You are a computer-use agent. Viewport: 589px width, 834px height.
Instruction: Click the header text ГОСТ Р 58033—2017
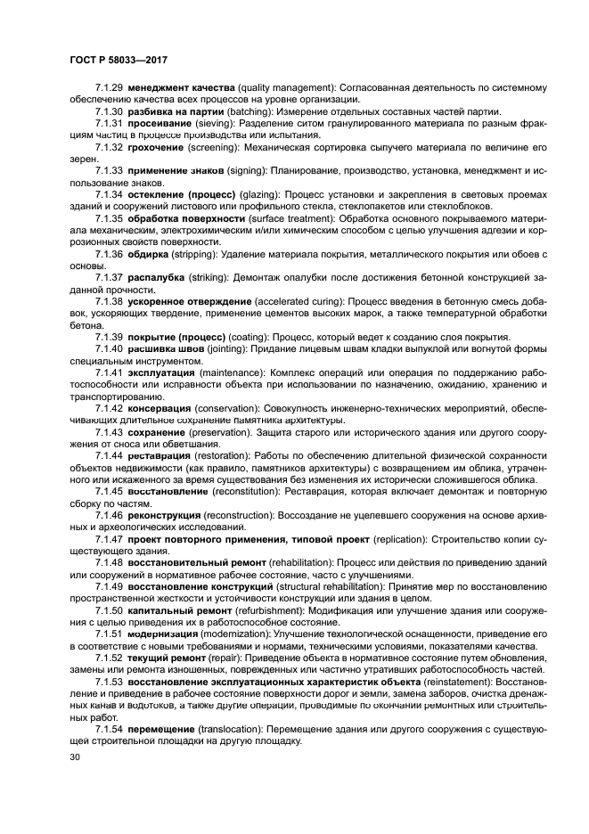click(119, 58)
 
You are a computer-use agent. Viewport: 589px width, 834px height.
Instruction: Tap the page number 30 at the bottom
click(75, 757)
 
